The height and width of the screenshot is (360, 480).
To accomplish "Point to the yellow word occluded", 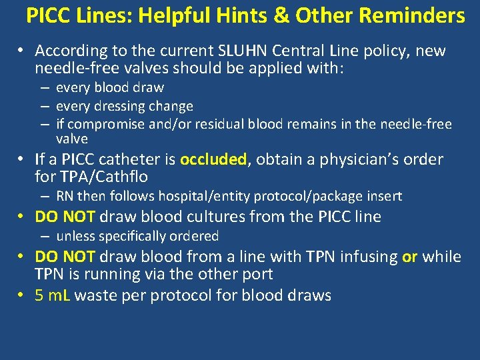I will (x=213, y=159).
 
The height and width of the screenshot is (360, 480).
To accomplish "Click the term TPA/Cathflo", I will (x=114, y=177).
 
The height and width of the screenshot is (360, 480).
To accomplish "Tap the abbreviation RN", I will (x=65, y=196).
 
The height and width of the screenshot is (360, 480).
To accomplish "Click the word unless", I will (x=75, y=236).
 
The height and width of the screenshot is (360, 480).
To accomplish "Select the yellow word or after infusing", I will (x=409, y=257).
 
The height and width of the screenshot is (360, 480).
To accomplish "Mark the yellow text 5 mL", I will (x=53, y=295).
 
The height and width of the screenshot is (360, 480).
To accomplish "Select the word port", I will (x=256, y=275).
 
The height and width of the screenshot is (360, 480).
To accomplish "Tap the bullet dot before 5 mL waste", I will (x=22, y=295).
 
